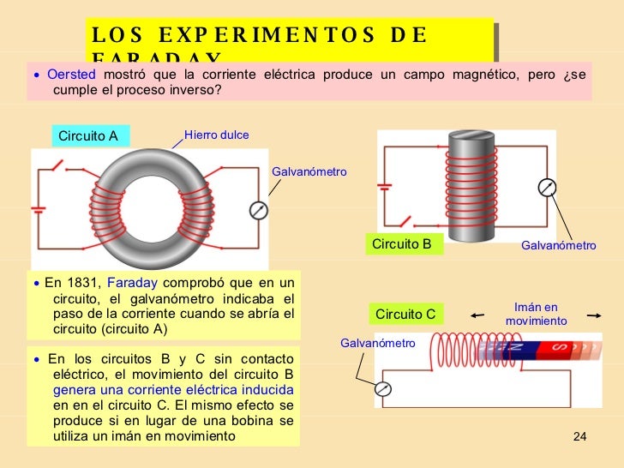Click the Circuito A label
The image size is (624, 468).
pyautogui.click(x=87, y=136)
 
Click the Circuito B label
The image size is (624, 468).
pyautogui.click(x=401, y=244)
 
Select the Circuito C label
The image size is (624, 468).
pyautogui.click(x=405, y=315)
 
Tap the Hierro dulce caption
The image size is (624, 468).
pyautogui.click(x=217, y=135)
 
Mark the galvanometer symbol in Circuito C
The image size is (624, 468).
pyautogui.click(x=384, y=389)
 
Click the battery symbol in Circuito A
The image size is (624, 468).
pyautogui.click(x=39, y=208)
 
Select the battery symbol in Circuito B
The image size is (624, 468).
pyautogui.click(x=386, y=186)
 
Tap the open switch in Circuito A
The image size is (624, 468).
pyautogui.click(x=57, y=164)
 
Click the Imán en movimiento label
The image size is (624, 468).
pyautogui.click(x=536, y=314)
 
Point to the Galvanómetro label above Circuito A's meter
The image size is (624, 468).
pyautogui.click(x=309, y=172)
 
